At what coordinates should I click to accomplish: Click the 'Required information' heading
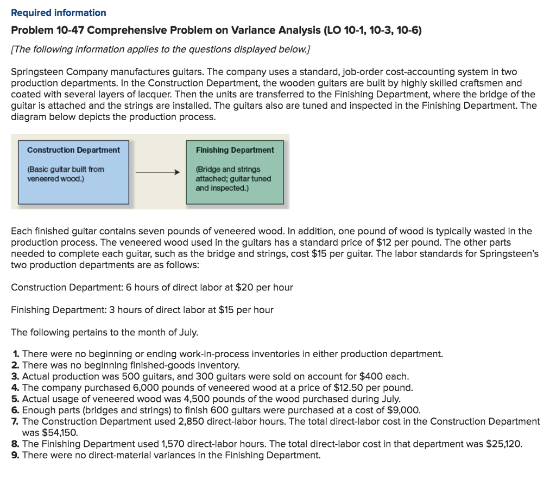tap(59, 13)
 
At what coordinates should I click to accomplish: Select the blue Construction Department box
tap(73, 171)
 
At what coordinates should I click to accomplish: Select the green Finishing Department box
tap(235, 171)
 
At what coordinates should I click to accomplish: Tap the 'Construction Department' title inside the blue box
tap(73, 150)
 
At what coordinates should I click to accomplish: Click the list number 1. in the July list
tap(15, 354)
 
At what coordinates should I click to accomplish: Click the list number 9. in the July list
tap(15, 455)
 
